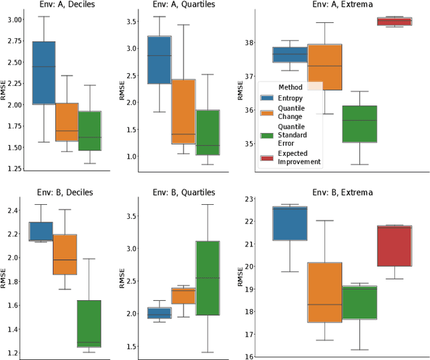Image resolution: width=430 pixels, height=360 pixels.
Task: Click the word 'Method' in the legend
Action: click(290, 87)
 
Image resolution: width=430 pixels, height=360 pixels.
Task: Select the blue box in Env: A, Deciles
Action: click(44, 73)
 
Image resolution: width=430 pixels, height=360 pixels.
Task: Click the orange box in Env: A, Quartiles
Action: click(183, 111)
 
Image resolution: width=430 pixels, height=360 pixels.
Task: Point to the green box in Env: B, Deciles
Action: click(89, 323)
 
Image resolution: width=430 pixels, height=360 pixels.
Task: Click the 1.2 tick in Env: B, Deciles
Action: click(12, 353)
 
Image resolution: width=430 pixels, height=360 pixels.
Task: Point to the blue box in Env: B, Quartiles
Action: click(159, 313)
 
